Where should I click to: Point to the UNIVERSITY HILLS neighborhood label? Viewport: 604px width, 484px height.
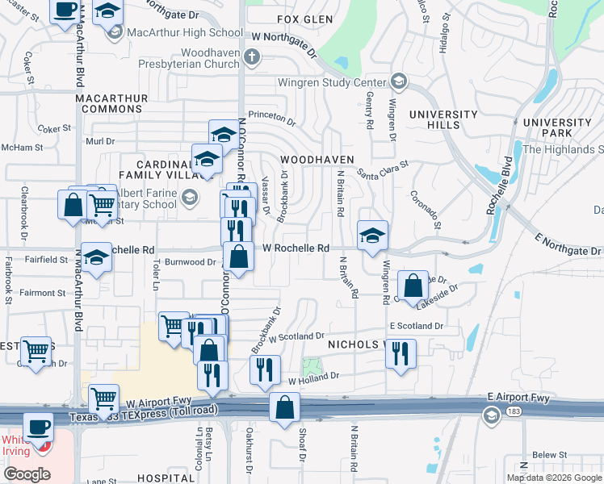[x=444, y=119]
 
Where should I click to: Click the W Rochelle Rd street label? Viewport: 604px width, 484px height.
[x=296, y=248]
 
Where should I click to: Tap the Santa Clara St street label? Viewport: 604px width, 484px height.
[x=384, y=169]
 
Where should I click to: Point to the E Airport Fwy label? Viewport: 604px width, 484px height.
[x=518, y=398]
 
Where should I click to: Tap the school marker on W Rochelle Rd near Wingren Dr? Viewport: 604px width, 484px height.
[x=372, y=236]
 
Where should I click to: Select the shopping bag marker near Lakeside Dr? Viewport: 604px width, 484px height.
[x=413, y=285]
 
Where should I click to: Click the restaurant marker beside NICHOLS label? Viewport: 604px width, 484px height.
[x=401, y=353]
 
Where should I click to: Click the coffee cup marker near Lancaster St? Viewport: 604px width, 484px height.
[x=65, y=11]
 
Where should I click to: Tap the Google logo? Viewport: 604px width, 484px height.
[x=27, y=474]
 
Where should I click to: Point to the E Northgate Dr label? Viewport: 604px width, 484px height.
[x=568, y=250]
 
